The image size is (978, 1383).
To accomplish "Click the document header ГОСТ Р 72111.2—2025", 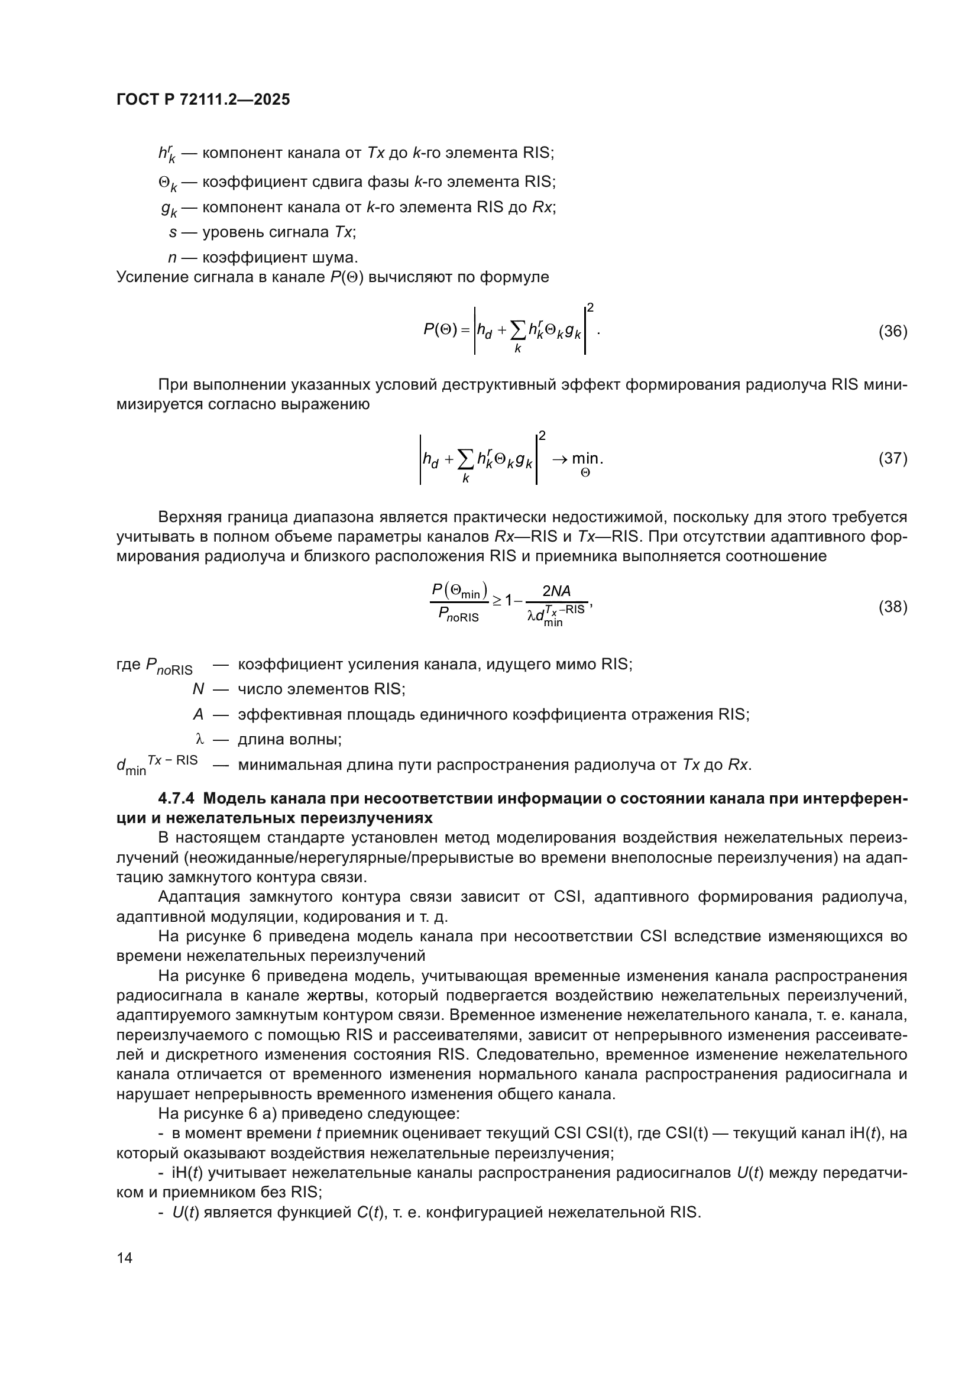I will click(203, 99).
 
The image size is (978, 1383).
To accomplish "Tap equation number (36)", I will click(892, 331).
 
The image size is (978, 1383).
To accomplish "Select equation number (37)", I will click(892, 458).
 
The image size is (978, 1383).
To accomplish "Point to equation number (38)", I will click(892, 607).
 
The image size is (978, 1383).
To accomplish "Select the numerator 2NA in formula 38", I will click(556, 591).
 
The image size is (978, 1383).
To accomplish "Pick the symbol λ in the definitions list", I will click(200, 739).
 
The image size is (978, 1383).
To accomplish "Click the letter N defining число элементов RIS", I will click(198, 688).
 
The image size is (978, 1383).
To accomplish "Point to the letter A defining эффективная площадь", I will click(198, 714).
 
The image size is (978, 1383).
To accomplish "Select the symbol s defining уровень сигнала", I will click(173, 232).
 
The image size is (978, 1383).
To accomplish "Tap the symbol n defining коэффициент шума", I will click(172, 258).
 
